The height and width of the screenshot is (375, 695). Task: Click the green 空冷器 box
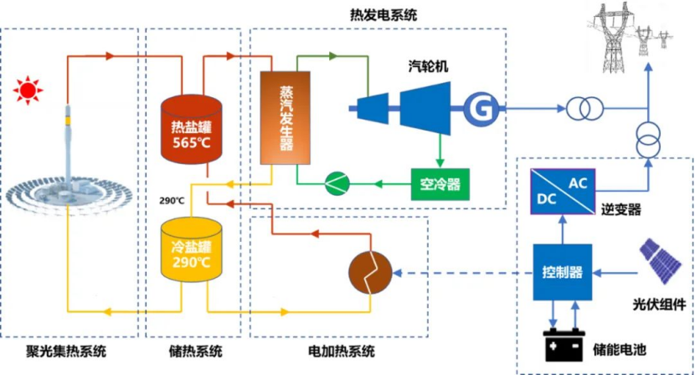point(440,182)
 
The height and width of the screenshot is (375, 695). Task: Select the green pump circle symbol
point(337,182)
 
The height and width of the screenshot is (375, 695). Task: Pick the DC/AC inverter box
point(563,189)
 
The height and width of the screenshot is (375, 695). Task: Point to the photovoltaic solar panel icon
point(660,261)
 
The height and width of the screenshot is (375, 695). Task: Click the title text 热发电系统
point(384,14)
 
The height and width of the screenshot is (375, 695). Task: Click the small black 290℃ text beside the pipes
point(171,201)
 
